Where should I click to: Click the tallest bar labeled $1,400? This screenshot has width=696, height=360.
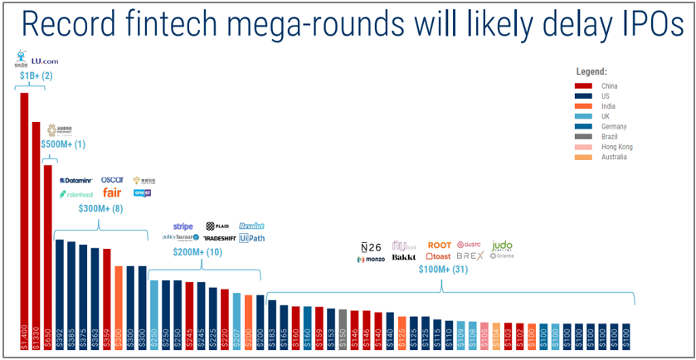click(x=24, y=216)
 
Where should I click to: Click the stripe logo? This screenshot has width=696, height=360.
click(x=183, y=226)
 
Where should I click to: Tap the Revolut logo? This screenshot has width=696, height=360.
click(x=251, y=226)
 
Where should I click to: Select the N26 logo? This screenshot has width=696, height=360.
click(x=371, y=246)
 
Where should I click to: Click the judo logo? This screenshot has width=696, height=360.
click(x=502, y=246)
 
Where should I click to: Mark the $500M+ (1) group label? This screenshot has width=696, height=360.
click(x=63, y=144)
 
